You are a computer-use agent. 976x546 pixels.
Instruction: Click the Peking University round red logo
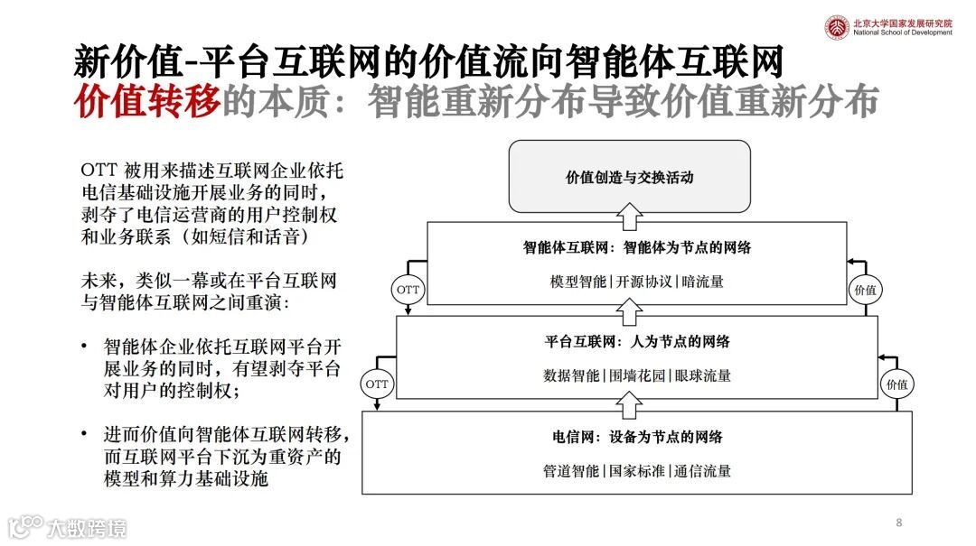[836, 26]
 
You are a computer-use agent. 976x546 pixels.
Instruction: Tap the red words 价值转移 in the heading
[147, 104]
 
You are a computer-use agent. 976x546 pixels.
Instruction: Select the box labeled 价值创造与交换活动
[629, 177]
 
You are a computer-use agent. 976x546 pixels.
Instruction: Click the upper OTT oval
[408, 290]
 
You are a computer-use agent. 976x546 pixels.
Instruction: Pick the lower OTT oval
[377, 384]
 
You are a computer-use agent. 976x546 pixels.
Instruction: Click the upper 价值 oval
[865, 290]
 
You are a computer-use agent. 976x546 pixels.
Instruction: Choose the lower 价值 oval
[896, 384]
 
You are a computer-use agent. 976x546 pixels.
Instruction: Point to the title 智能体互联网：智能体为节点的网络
[637, 247]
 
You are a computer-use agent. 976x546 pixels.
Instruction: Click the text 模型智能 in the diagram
[578, 282]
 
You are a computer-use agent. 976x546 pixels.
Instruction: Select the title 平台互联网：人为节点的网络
[637, 341]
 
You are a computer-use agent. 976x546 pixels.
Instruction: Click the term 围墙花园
[637, 375]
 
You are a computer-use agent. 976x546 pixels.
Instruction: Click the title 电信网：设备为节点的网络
[637, 437]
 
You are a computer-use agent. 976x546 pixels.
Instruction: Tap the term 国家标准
[637, 471]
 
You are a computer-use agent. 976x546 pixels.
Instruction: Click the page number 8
[899, 523]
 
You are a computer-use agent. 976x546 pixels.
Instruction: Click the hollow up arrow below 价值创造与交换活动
[629, 216]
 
